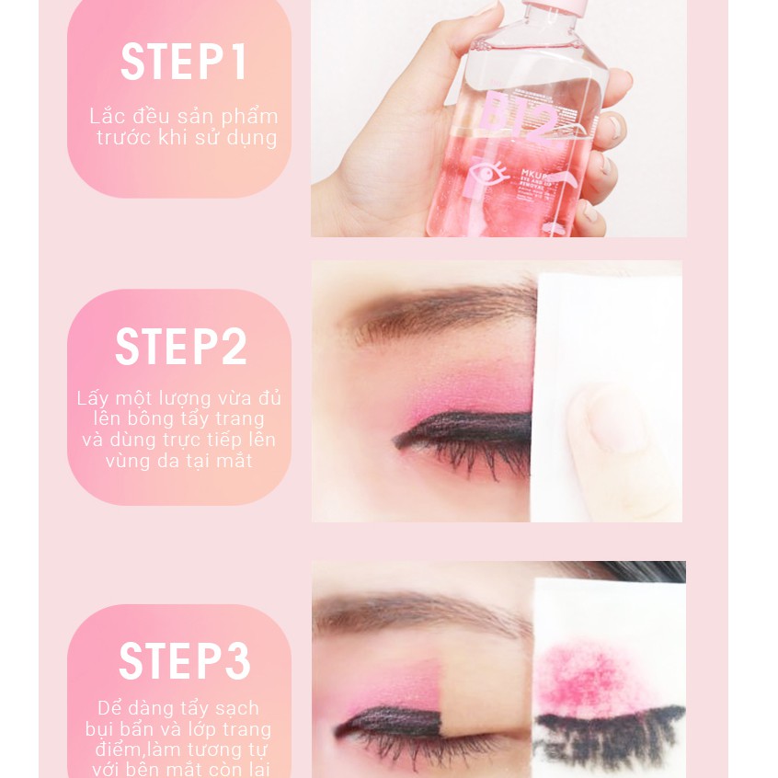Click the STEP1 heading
[184, 63]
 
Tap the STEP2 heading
[181, 348]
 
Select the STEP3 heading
[184, 662]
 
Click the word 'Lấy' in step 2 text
[92, 399]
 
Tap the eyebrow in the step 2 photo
[441, 313]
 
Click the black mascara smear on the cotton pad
[607, 727]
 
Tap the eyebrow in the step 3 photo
[414, 612]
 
